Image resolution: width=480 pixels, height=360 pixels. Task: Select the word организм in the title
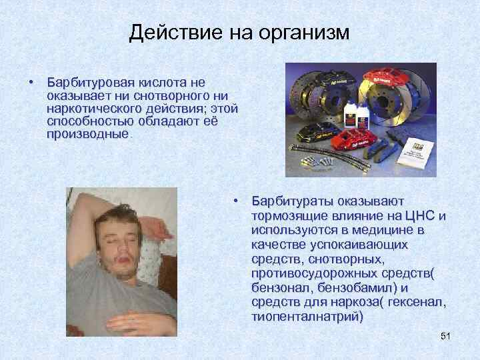tap(299, 33)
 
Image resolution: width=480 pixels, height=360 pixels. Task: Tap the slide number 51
tap(446, 337)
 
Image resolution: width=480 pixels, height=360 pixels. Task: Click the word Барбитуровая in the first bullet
tap(91, 82)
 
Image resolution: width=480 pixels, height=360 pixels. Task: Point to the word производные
tap(88, 134)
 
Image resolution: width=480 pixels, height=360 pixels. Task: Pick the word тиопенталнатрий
tap(307, 317)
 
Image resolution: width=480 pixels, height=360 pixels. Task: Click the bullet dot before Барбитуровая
tap(31, 82)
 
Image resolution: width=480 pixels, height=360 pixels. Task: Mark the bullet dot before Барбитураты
tap(236, 201)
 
